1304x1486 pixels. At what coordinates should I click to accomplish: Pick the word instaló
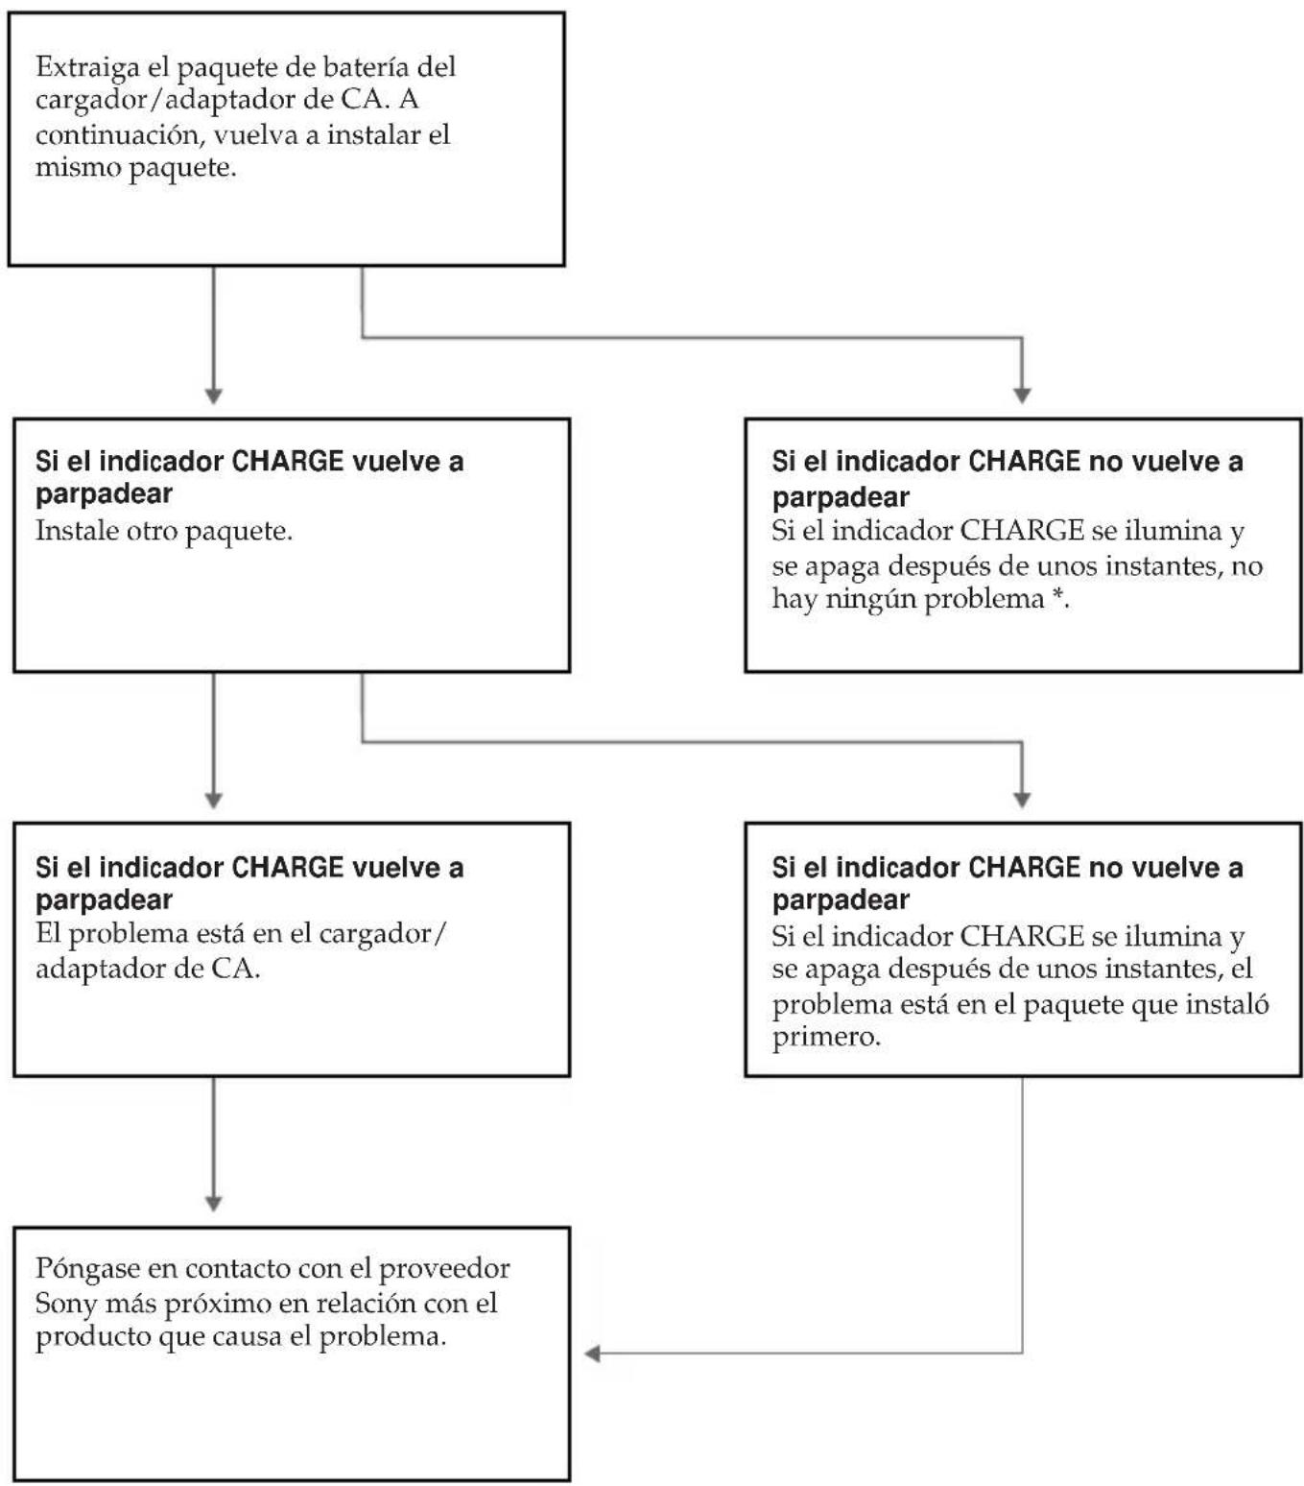pyautogui.click(x=1225, y=1002)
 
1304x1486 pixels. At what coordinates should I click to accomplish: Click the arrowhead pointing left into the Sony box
pyautogui.click(x=592, y=1354)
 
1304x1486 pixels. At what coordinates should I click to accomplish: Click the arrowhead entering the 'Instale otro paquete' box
pyautogui.click(x=213, y=395)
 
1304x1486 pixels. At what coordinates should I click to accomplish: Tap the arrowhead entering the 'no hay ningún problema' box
pyautogui.click(x=1022, y=395)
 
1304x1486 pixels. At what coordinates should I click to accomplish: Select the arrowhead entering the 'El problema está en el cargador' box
pyautogui.click(x=213, y=801)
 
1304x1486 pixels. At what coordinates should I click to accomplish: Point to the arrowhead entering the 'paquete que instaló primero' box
pyautogui.click(x=1022, y=801)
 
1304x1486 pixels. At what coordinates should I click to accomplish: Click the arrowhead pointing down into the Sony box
pyautogui.click(x=213, y=1204)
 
